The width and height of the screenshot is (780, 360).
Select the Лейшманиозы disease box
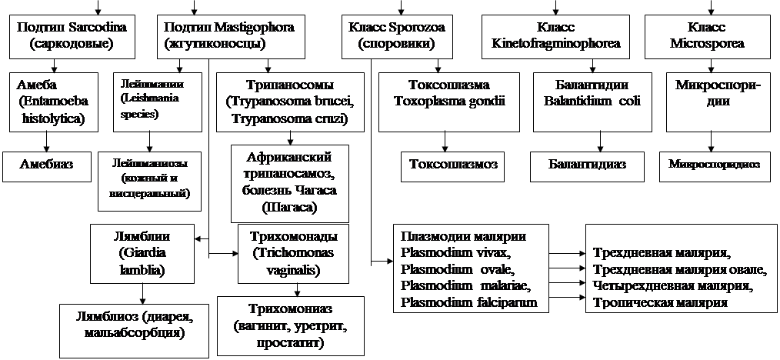150,180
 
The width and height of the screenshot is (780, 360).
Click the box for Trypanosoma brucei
288,101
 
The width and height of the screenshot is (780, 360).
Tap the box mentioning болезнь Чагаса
288,183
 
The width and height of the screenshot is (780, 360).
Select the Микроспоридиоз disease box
715,165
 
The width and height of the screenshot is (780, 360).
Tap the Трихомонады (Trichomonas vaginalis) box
288,252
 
